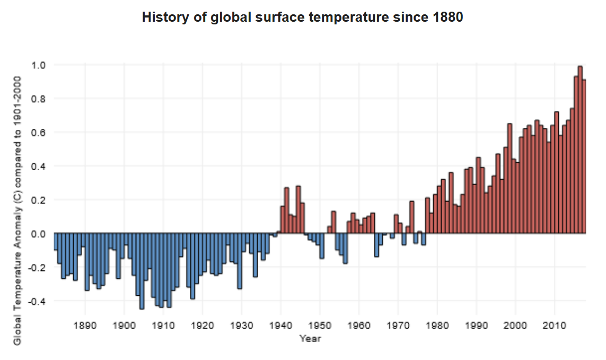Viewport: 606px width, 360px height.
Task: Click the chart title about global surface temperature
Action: (x=303, y=17)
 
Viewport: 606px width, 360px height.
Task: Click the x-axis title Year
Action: (x=309, y=338)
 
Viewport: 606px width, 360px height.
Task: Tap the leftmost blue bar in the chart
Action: (x=56, y=242)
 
